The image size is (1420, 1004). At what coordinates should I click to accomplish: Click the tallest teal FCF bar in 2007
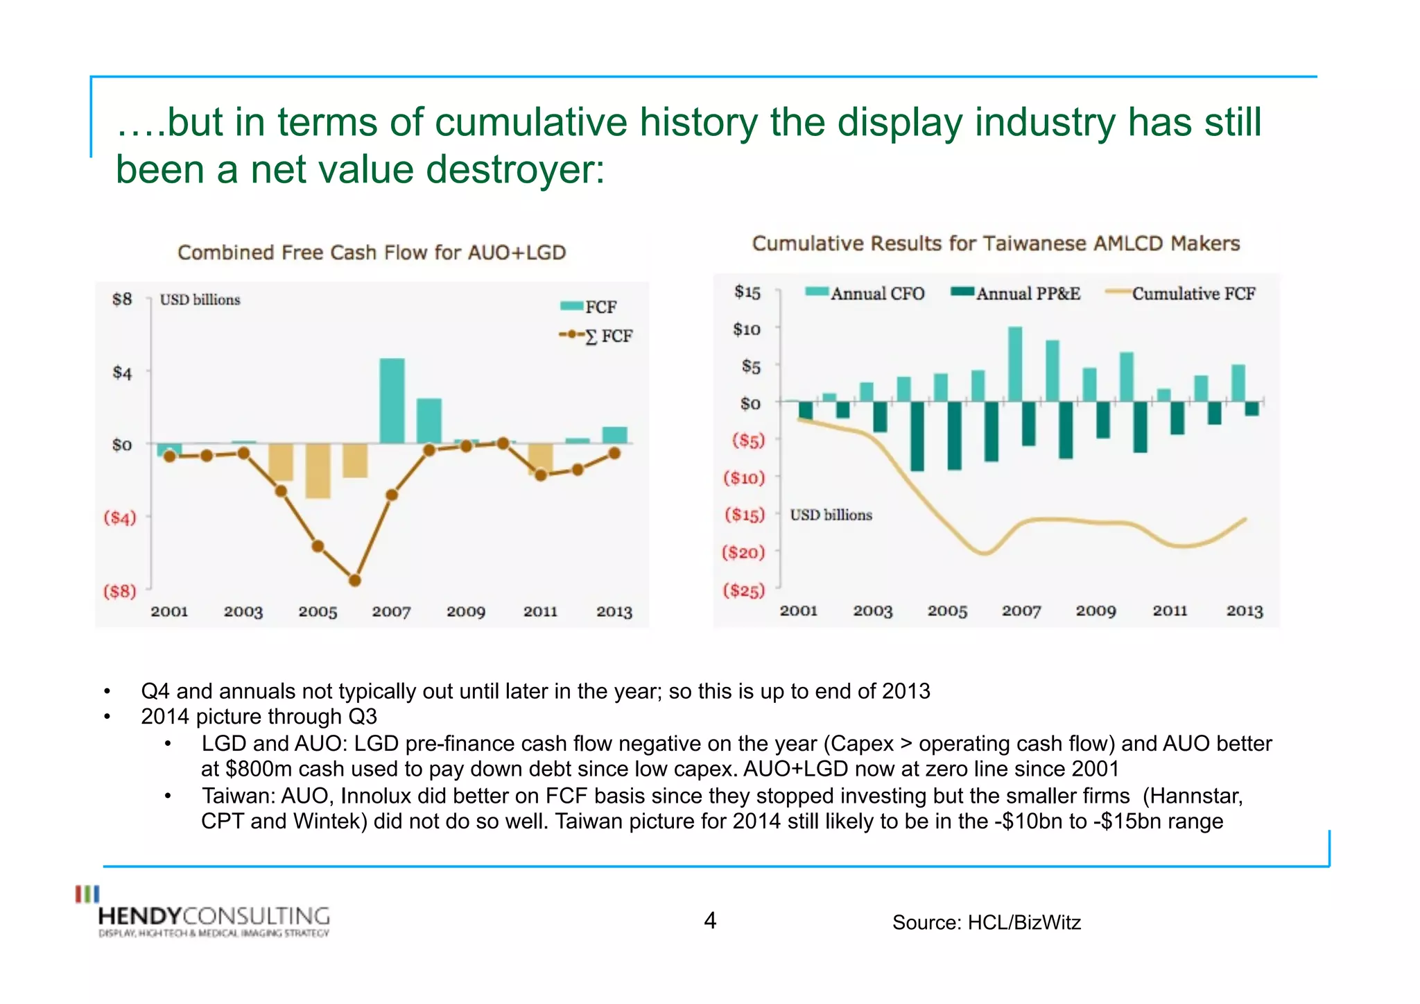(392, 400)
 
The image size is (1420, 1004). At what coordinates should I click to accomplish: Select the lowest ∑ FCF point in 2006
(354, 580)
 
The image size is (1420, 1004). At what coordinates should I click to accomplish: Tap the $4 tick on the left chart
(122, 373)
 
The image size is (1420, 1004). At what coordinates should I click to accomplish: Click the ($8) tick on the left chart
(120, 591)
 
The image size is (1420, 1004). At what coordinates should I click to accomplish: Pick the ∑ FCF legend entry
(596, 336)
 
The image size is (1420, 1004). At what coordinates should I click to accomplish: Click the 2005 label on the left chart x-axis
(318, 611)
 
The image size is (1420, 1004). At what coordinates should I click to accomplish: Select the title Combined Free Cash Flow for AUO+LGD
(372, 253)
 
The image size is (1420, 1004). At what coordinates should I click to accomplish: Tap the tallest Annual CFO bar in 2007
(1014, 364)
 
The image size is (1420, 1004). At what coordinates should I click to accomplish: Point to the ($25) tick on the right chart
(743, 590)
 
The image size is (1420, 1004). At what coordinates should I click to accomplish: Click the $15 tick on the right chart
(747, 292)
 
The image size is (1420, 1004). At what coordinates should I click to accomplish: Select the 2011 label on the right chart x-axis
(1170, 611)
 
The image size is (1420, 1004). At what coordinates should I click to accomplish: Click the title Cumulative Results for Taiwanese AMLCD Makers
(996, 244)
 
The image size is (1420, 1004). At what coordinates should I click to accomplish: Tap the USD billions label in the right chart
(831, 515)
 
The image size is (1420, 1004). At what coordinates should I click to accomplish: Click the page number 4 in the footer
(710, 921)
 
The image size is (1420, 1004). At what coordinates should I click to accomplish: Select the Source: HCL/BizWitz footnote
(986, 922)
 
